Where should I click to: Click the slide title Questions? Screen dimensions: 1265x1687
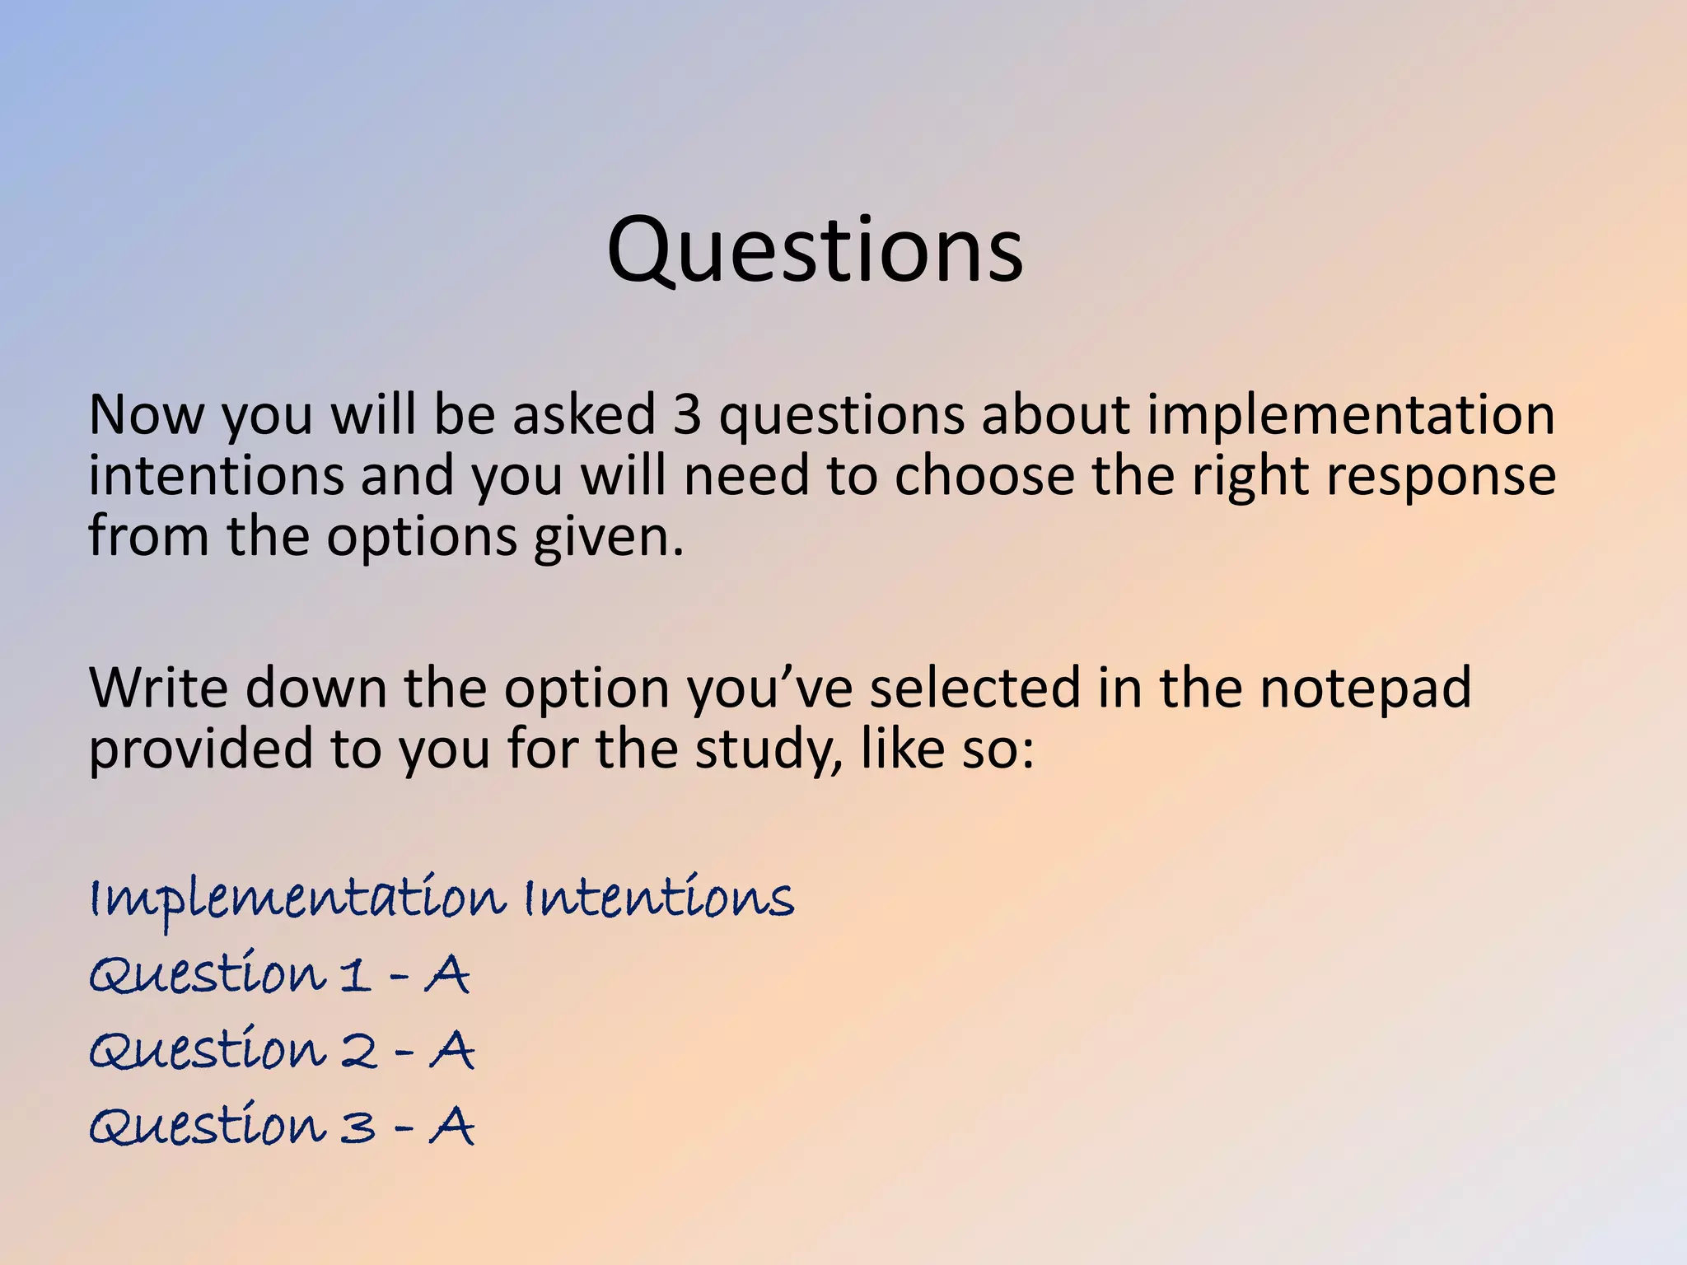point(815,250)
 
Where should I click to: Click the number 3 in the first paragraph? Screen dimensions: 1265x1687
point(687,414)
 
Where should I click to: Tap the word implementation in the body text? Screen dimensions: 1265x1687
point(1351,416)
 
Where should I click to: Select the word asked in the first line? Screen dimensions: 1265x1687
point(584,414)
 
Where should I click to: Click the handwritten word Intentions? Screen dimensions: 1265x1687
point(659,897)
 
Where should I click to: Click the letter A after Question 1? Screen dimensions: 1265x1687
point(447,975)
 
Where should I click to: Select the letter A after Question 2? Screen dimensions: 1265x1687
point(452,1051)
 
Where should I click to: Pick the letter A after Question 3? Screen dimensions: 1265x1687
point(452,1126)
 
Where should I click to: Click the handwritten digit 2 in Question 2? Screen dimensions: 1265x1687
point(359,1052)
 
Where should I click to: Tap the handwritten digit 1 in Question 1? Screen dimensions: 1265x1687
point(354,976)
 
